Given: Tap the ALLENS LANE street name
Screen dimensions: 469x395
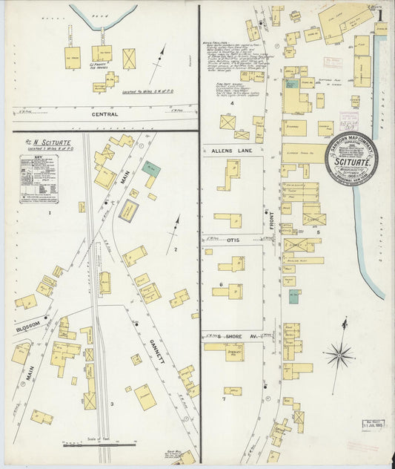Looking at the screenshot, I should click(x=231, y=151).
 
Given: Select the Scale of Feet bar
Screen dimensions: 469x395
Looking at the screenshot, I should click(x=87, y=445).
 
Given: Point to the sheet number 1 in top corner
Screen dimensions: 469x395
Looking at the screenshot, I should click(x=379, y=15).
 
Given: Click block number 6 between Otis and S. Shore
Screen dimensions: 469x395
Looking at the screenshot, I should click(x=220, y=284).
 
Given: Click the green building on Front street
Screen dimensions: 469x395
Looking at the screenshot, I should click(x=293, y=297).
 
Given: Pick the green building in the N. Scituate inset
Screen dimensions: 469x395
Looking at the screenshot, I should click(x=150, y=168).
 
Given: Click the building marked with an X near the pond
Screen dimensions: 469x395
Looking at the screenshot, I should click(x=129, y=59).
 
